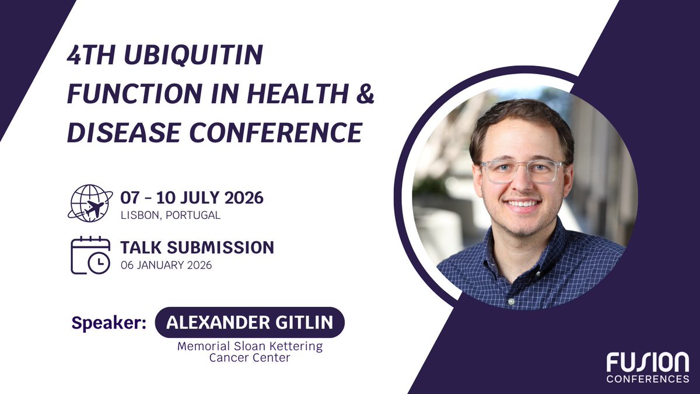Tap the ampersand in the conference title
pos(362,95)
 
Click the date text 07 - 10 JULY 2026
pos(192,197)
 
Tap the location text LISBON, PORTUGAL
pos(170,215)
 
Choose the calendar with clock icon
pos(90,255)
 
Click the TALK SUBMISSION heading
pos(197,247)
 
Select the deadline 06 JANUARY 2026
pos(166,264)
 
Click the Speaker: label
pos(108,323)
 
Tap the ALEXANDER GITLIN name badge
pos(250,323)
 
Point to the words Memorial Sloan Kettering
pos(250,346)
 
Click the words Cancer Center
pos(250,358)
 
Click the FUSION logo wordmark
pos(647,363)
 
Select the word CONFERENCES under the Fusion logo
pos(647,379)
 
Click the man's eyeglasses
pos(523,170)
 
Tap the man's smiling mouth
pos(523,204)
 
